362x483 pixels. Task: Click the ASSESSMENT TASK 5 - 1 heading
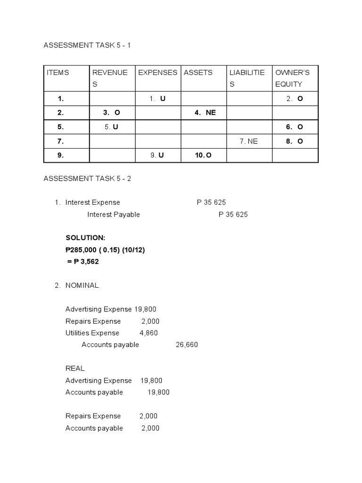[90, 45]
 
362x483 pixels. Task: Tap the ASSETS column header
[198, 73]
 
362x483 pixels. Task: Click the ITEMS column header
[58, 73]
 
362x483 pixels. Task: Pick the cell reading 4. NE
[205, 113]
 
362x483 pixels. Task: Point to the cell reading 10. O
[203, 155]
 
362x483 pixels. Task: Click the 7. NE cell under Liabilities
[249, 141]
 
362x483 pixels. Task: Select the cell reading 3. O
[112, 113]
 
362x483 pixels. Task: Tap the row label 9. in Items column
[61, 155]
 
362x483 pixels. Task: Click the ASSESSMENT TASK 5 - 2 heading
[90, 178]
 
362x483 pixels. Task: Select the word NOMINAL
[82, 285]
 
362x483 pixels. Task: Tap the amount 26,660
[187, 345]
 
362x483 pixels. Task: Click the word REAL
[75, 368]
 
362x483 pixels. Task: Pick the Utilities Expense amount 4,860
[148, 333]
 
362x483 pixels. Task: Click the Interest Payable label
[114, 214]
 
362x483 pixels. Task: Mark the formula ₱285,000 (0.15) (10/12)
[105, 250]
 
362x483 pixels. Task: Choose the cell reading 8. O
[295, 141]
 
